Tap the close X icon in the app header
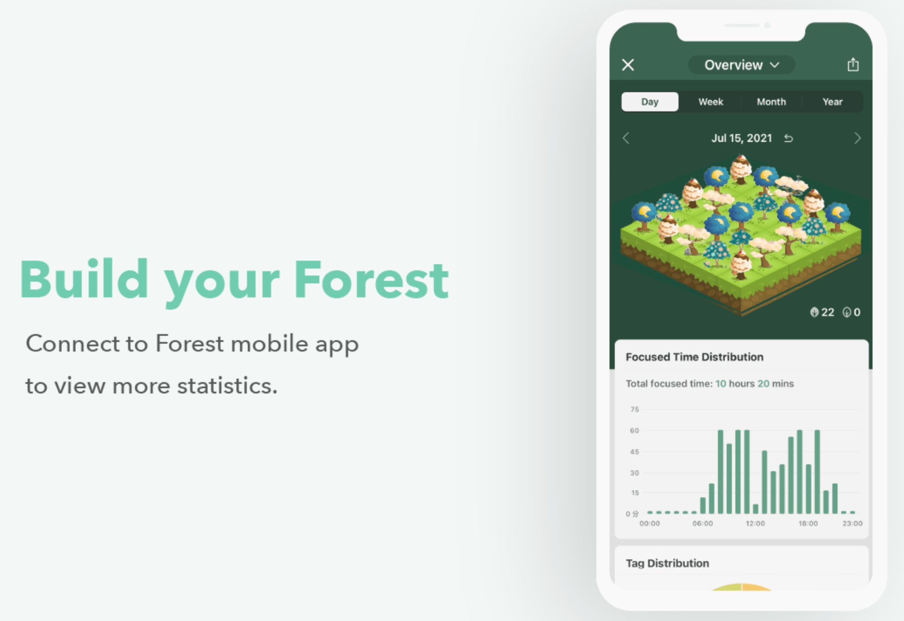(x=628, y=65)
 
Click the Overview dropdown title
(x=741, y=65)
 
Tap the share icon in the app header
(x=853, y=65)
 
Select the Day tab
(x=650, y=102)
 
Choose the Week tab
(x=710, y=102)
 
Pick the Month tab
(x=771, y=102)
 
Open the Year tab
(x=832, y=102)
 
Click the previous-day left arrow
(x=626, y=138)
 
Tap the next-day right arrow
(x=857, y=138)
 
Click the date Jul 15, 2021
(x=741, y=138)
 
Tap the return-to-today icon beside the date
(x=789, y=138)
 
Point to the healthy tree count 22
(x=828, y=312)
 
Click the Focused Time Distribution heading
(x=694, y=357)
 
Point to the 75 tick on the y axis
(x=634, y=409)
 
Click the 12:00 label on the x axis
(x=755, y=523)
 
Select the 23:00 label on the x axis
(x=852, y=523)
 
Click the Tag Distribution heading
(x=667, y=563)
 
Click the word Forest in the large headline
(x=371, y=279)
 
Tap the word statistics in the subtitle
(x=227, y=386)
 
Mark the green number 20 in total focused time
(x=763, y=383)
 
